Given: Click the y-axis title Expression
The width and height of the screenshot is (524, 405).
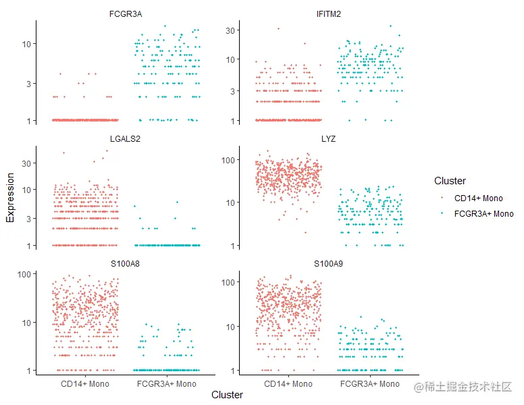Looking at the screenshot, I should [x=10, y=198].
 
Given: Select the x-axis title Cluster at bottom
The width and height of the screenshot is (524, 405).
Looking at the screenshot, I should [x=227, y=395].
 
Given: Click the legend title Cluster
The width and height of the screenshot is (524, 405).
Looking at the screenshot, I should [x=450, y=181].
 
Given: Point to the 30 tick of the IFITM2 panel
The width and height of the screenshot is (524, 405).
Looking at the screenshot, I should [x=230, y=30].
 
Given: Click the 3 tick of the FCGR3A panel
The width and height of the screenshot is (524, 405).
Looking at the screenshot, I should [x=28, y=84].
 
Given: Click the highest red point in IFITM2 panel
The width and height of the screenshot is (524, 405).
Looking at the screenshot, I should [x=278, y=28].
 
